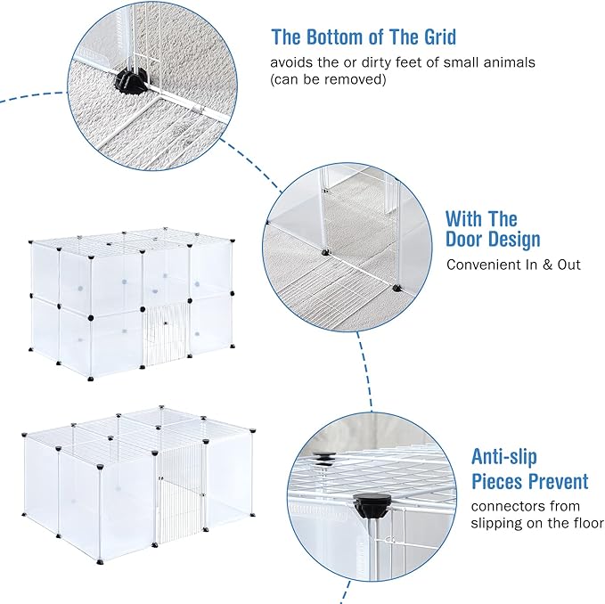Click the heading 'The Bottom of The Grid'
coord(364,37)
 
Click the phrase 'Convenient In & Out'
coord(513,265)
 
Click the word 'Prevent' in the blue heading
coord(556,482)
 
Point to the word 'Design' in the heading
coord(515,240)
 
